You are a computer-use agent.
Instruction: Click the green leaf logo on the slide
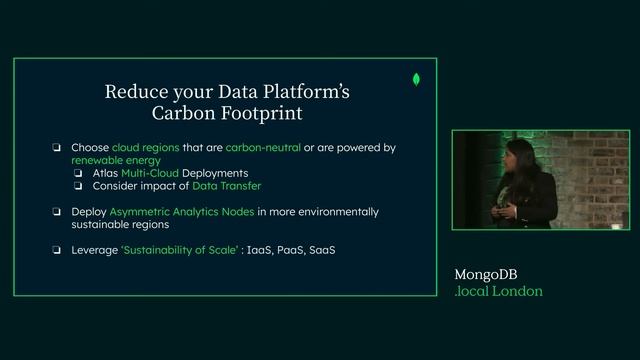tap(415, 79)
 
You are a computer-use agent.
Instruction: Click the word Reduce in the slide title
tap(136, 92)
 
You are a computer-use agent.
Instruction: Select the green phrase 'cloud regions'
tap(144, 147)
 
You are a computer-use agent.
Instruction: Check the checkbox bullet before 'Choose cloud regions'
tap(58, 148)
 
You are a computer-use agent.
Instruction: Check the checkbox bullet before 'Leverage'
tap(58, 249)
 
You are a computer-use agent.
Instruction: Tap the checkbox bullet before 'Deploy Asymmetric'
tap(58, 212)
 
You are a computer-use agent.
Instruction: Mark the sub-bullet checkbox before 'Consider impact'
tap(78, 185)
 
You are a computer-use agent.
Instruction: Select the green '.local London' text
tap(498, 291)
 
